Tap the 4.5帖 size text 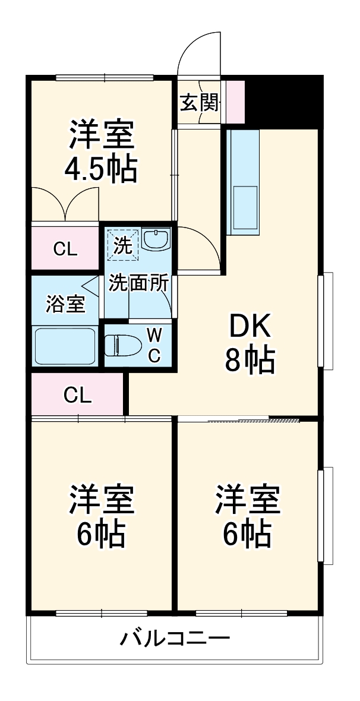click(x=101, y=169)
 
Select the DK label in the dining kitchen click(x=250, y=326)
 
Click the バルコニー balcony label click(x=175, y=639)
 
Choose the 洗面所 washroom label click(x=138, y=283)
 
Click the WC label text click(x=153, y=344)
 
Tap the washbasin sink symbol click(x=156, y=241)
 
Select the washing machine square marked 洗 click(x=123, y=245)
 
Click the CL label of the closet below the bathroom click(x=78, y=394)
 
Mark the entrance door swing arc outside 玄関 click(x=200, y=50)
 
